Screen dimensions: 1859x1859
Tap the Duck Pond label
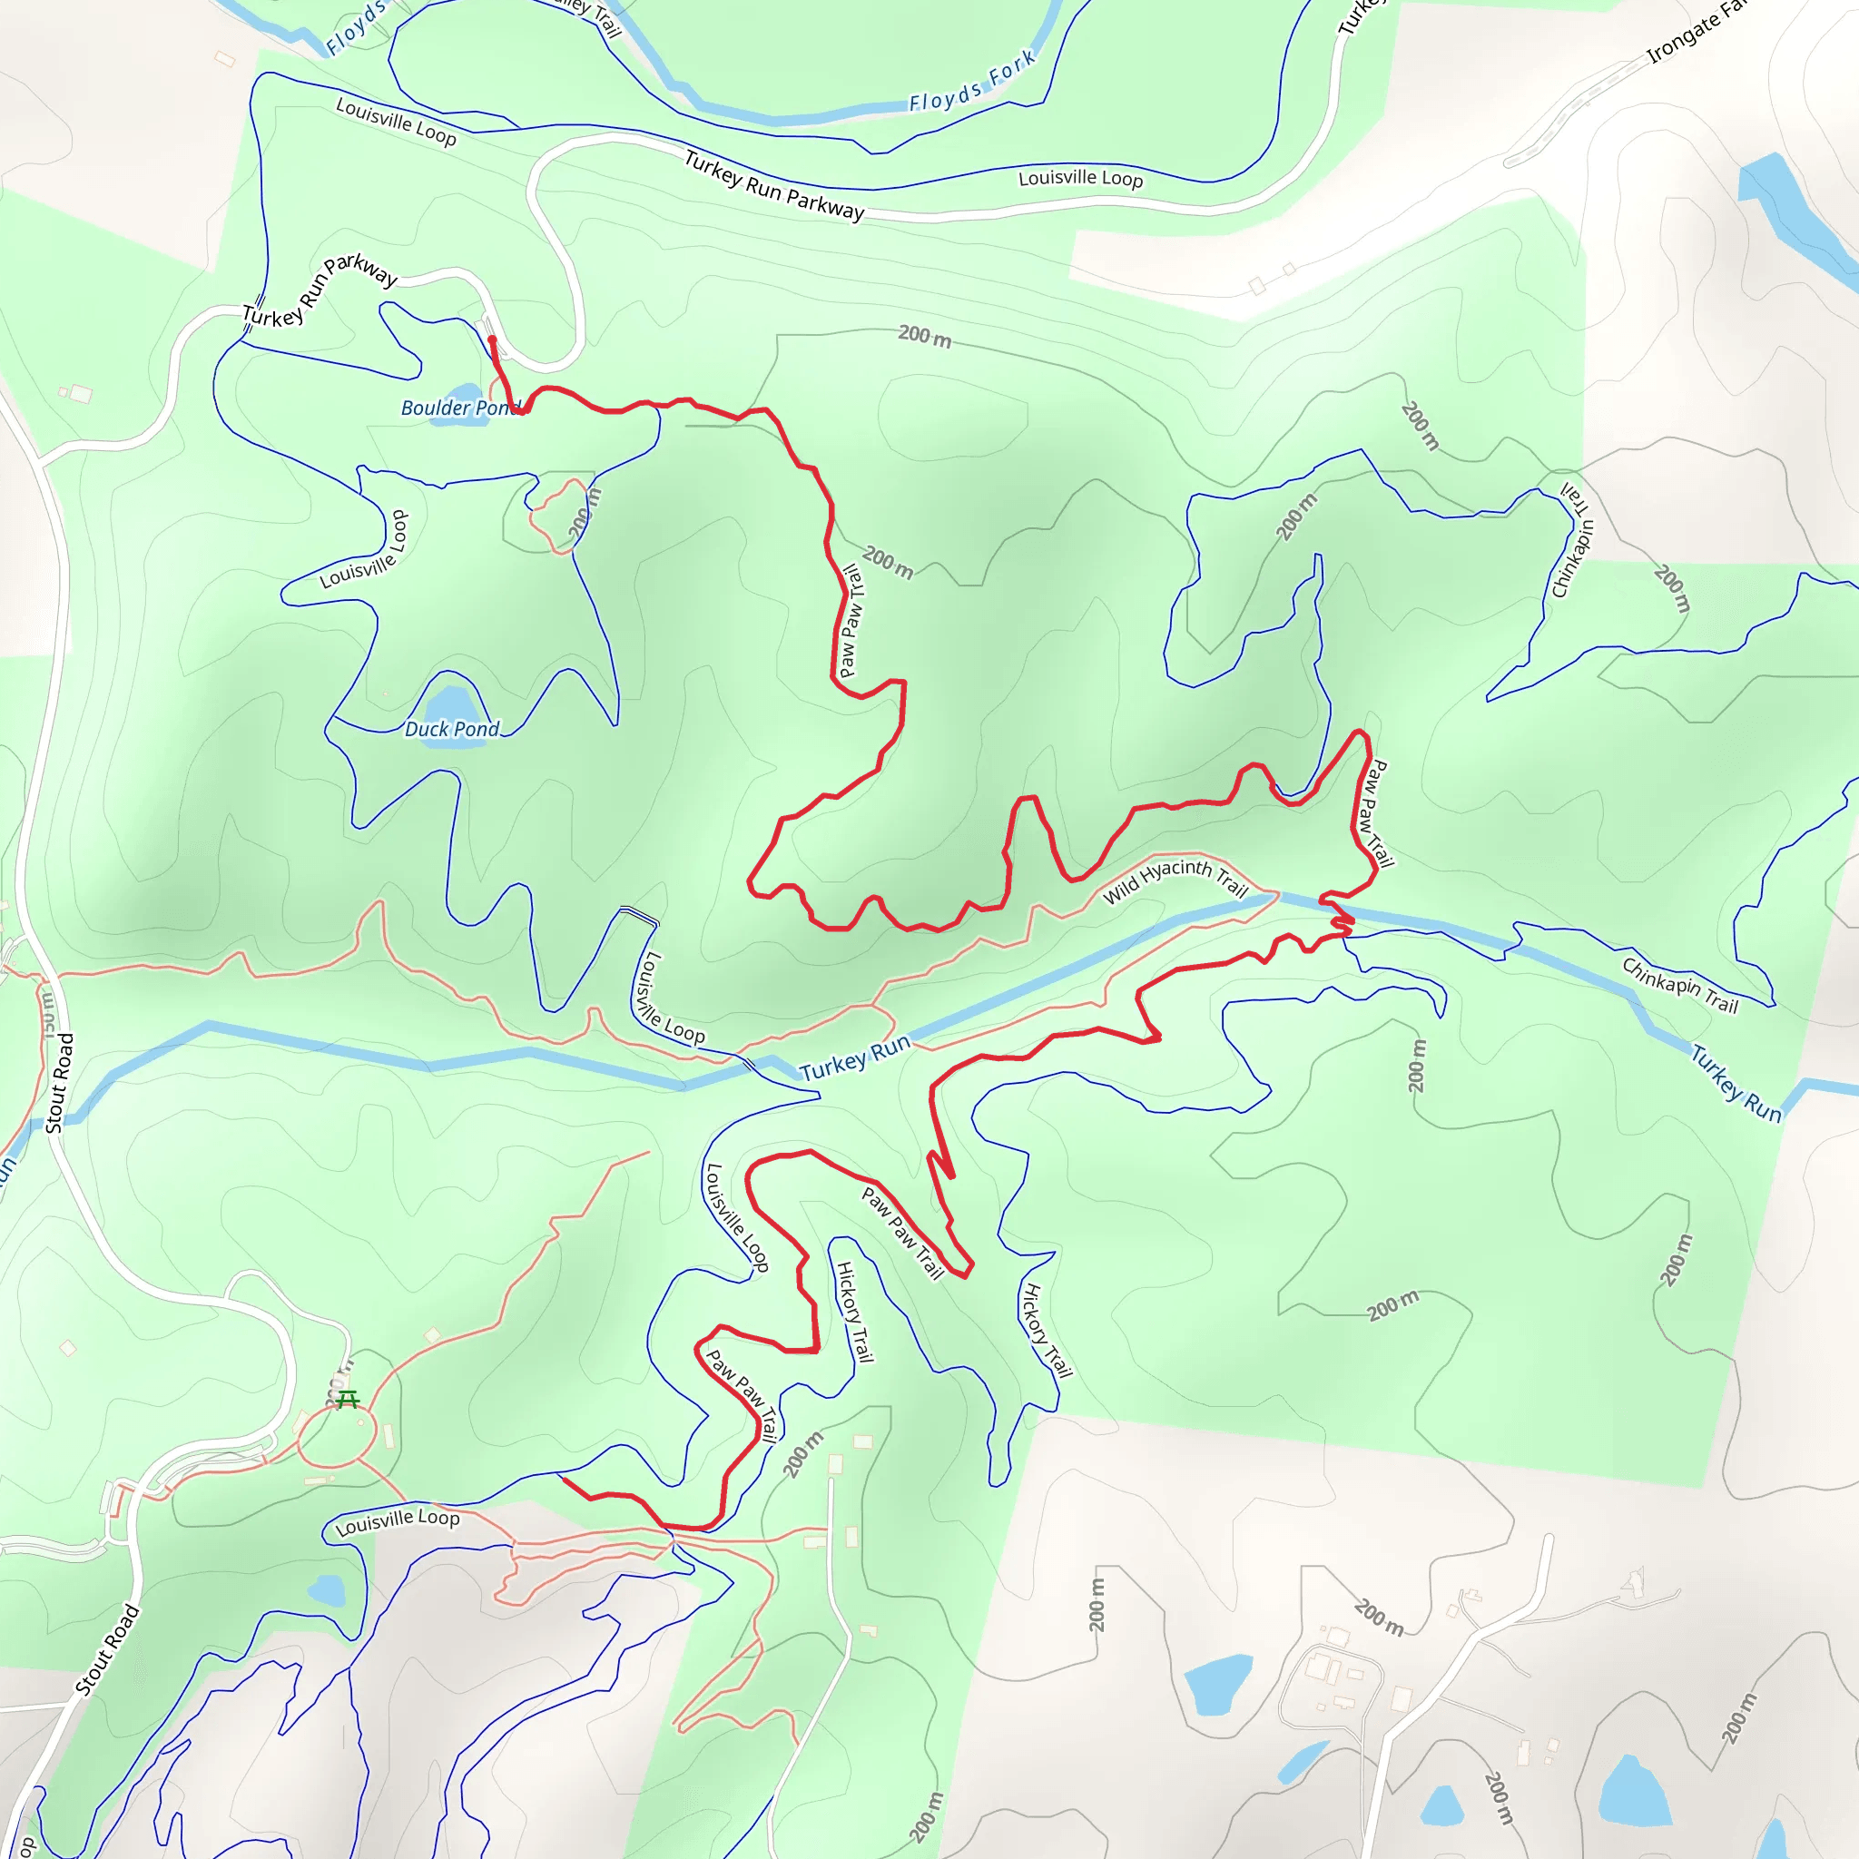(451, 730)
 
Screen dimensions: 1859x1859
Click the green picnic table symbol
(348, 1399)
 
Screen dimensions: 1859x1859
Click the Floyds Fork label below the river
(972, 81)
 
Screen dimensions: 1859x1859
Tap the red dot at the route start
(492, 339)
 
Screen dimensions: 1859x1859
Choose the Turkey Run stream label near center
(854, 1058)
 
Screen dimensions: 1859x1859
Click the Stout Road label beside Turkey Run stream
(60, 1084)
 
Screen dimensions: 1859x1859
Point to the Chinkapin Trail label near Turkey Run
(1680, 985)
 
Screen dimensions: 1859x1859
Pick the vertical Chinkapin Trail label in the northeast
(1575, 539)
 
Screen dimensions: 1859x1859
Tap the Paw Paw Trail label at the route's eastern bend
(1373, 813)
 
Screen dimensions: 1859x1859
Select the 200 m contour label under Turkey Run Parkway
(924, 337)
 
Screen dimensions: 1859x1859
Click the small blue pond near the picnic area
(326, 1590)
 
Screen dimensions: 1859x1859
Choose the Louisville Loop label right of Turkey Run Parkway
(1079, 178)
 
